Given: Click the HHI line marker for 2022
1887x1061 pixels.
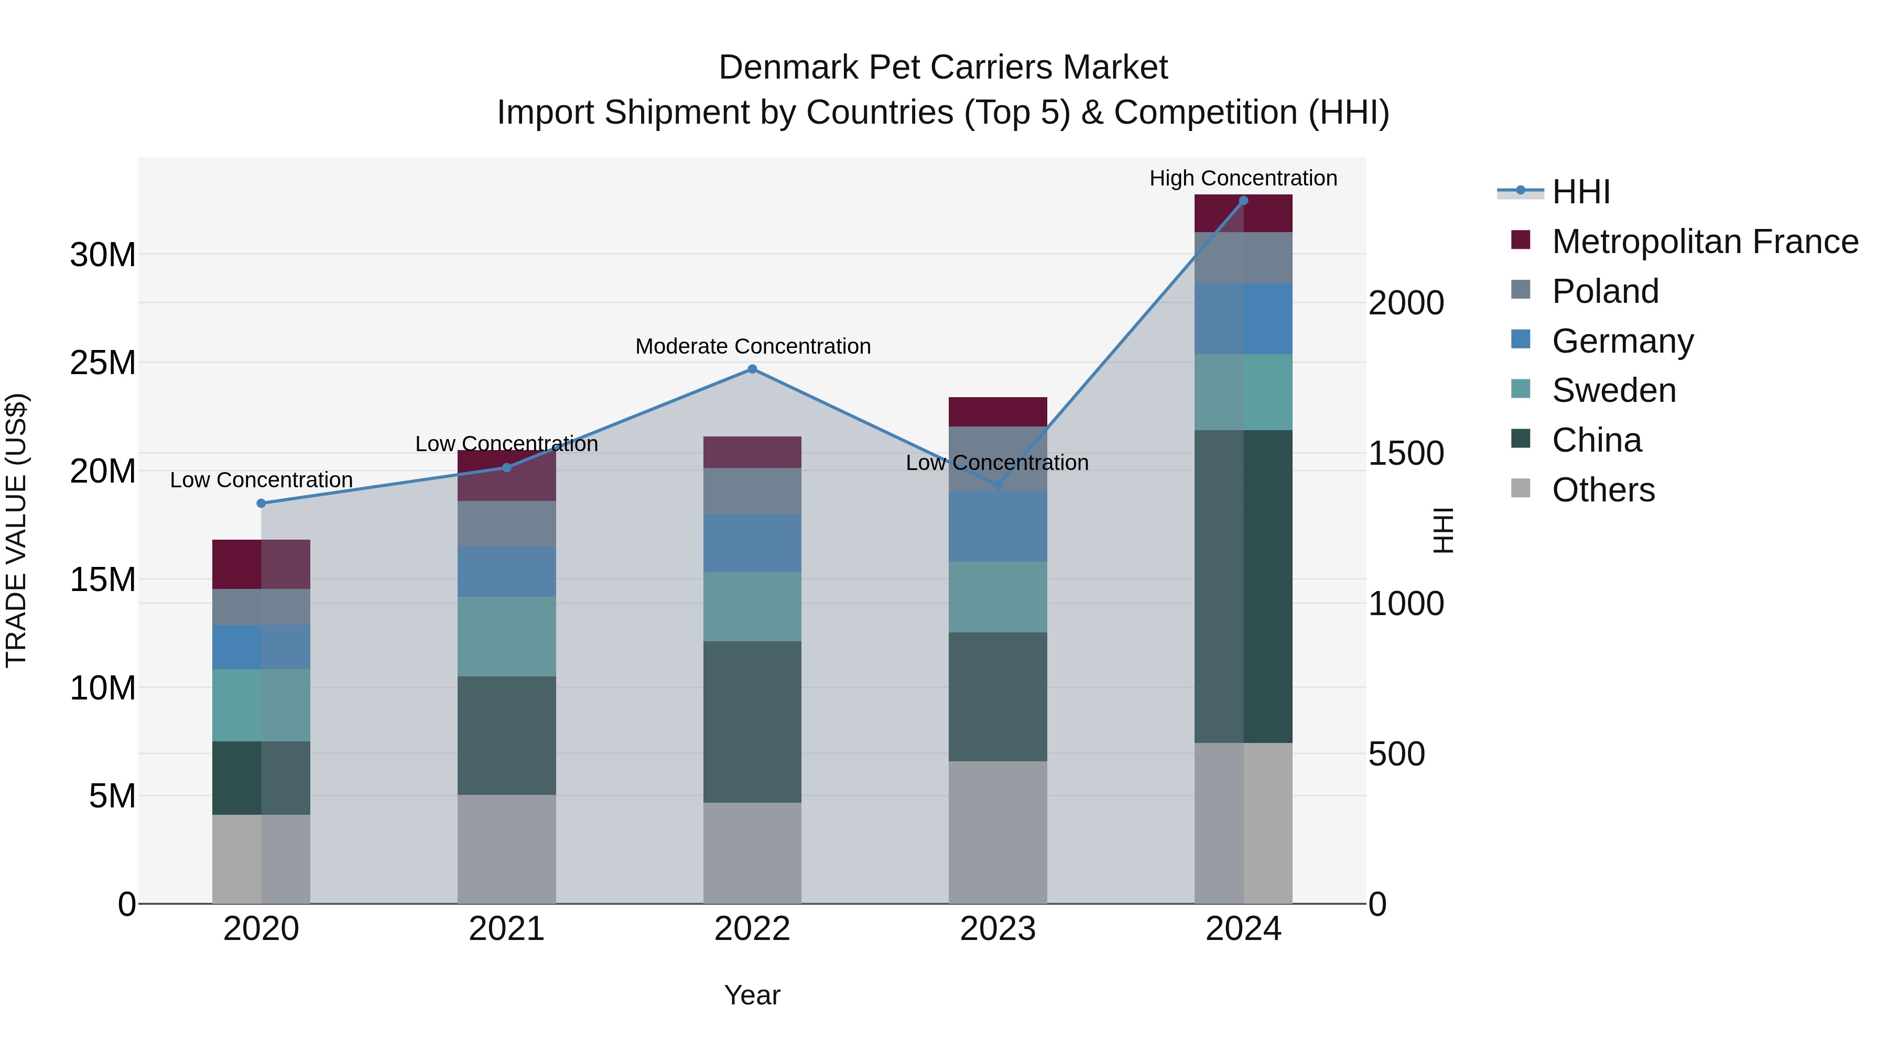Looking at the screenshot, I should click(752, 369).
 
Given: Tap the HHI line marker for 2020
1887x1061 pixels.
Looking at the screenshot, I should click(262, 503).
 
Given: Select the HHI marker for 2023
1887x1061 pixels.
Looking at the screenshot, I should click(997, 485).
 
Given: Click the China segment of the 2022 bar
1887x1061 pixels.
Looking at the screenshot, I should click(752, 722).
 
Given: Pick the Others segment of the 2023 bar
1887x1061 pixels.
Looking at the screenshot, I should click(997, 832).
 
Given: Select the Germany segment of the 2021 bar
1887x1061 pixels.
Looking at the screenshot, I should click(507, 572).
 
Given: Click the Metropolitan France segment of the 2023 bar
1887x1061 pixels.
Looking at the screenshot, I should click(997, 411).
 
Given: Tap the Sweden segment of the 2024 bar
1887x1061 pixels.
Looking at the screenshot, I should click(1243, 392).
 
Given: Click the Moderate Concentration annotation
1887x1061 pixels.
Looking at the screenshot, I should click(752, 346).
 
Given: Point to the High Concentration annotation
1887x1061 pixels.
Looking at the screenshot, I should click(1243, 179).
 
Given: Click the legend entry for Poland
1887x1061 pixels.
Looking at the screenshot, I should click(1605, 291).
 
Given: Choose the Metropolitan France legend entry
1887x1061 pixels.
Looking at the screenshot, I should click(1705, 242).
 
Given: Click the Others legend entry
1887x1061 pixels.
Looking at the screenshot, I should click(1603, 490).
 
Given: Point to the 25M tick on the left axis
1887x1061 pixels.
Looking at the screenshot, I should click(103, 363).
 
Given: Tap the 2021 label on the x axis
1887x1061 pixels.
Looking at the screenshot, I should click(507, 929).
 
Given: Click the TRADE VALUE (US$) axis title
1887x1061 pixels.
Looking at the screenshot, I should click(17, 530).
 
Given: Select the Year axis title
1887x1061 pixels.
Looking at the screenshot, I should click(752, 995).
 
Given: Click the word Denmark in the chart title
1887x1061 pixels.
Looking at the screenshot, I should click(787, 68).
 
